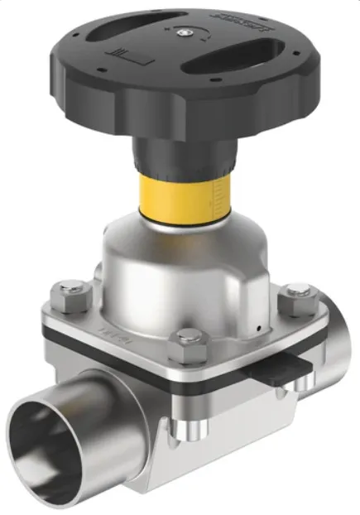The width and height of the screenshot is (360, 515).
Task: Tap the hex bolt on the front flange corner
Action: click(190, 338)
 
